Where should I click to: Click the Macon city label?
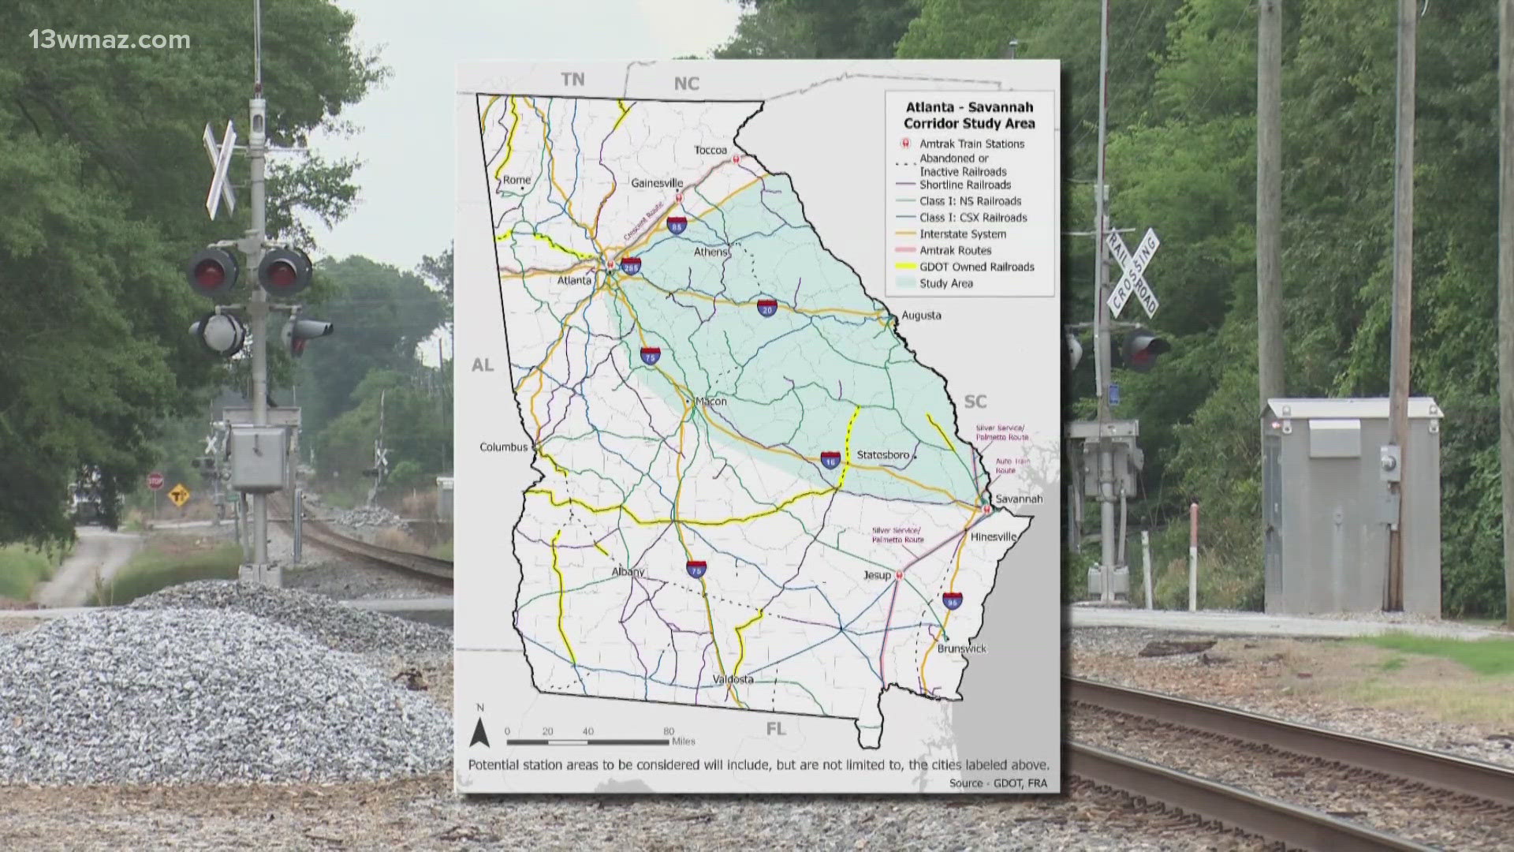(x=710, y=402)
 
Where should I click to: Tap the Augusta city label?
(x=921, y=316)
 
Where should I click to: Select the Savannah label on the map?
(x=1019, y=499)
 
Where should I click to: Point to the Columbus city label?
(x=504, y=447)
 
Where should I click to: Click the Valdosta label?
(x=733, y=679)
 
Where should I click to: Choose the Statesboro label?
(x=883, y=455)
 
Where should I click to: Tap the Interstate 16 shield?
(x=830, y=460)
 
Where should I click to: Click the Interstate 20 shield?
(x=768, y=308)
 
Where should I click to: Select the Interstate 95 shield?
(x=953, y=600)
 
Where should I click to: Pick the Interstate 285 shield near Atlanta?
(x=630, y=266)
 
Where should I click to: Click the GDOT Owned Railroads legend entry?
(x=977, y=267)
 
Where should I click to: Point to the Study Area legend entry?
(x=945, y=283)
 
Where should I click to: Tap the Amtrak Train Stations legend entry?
(x=971, y=144)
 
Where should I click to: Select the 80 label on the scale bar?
(x=669, y=731)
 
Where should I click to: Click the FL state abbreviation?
(x=776, y=729)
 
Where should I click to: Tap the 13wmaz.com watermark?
(x=110, y=39)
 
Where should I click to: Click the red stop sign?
(x=155, y=480)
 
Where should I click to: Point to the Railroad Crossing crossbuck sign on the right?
(x=1132, y=273)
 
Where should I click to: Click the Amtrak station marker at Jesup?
(x=900, y=576)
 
